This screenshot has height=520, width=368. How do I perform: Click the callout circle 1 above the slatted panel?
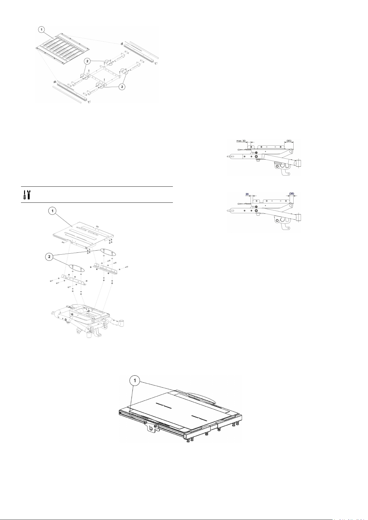point(42,30)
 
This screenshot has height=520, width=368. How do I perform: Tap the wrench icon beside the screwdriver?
point(29,194)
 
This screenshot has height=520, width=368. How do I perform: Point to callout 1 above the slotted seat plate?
point(52,211)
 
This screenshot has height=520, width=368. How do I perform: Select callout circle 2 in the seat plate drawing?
point(49,257)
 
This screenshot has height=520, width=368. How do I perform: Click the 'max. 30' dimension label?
point(241,141)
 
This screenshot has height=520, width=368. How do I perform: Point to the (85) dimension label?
point(289,141)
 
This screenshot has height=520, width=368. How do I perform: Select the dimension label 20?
point(247,194)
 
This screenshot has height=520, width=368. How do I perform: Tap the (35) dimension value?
point(292,193)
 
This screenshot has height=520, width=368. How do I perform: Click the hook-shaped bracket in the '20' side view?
point(282,223)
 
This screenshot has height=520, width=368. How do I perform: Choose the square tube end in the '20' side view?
point(299,218)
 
